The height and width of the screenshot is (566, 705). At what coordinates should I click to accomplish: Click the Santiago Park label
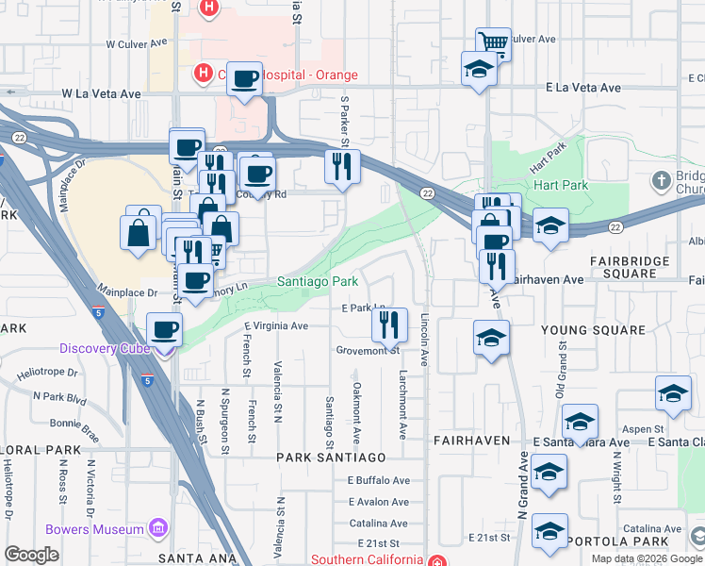pos(317,281)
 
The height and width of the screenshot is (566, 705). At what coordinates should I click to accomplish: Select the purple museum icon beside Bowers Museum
pos(158,526)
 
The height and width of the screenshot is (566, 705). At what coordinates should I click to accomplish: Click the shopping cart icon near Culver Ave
pos(493,42)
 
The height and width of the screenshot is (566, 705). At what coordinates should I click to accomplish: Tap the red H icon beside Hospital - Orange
pos(201,73)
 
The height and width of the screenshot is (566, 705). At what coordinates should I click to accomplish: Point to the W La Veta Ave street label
pos(101,94)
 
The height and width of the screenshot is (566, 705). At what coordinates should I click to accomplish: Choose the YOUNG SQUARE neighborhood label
pos(592,330)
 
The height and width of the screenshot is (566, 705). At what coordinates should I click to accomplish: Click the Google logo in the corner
pos(31,555)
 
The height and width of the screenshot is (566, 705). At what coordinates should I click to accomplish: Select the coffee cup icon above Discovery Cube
pos(165,328)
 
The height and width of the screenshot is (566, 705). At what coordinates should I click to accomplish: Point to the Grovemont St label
pos(369,350)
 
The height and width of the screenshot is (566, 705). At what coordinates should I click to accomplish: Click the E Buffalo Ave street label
pos(378,480)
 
